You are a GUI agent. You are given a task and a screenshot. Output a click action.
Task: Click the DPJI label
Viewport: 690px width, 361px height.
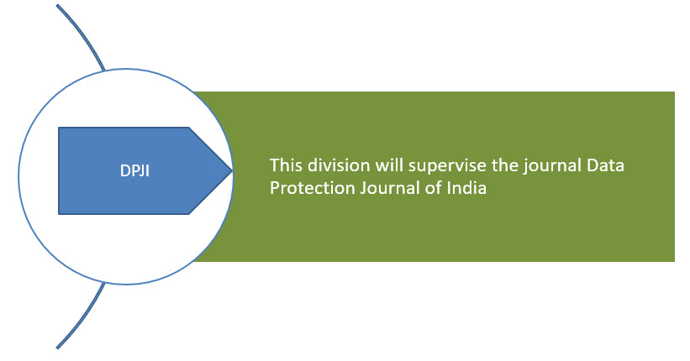[x=134, y=170]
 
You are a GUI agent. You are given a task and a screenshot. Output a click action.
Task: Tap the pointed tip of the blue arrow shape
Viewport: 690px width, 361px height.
[x=232, y=170]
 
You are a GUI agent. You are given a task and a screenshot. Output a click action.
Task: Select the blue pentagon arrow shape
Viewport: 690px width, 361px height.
[x=145, y=170]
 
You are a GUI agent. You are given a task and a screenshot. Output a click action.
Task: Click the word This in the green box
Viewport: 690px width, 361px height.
[x=286, y=165]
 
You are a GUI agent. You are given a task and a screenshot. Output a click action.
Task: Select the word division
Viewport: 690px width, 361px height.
[x=339, y=165]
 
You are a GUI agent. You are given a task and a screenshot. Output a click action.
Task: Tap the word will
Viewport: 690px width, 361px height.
[x=389, y=165]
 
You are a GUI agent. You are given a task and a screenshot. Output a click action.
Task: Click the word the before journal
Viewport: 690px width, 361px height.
[x=505, y=165]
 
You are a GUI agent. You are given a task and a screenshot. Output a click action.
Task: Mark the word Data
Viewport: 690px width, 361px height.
[x=605, y=165]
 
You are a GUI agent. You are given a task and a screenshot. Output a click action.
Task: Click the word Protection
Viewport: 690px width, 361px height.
[x=313, y=188]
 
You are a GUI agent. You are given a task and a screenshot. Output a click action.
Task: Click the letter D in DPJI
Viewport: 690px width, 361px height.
[x=124, y=170]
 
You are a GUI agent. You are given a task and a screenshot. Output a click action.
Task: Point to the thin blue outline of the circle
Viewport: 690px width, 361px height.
[x=18, y=176]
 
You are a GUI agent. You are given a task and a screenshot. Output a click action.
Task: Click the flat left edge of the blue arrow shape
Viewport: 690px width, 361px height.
[x=59, y=170]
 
